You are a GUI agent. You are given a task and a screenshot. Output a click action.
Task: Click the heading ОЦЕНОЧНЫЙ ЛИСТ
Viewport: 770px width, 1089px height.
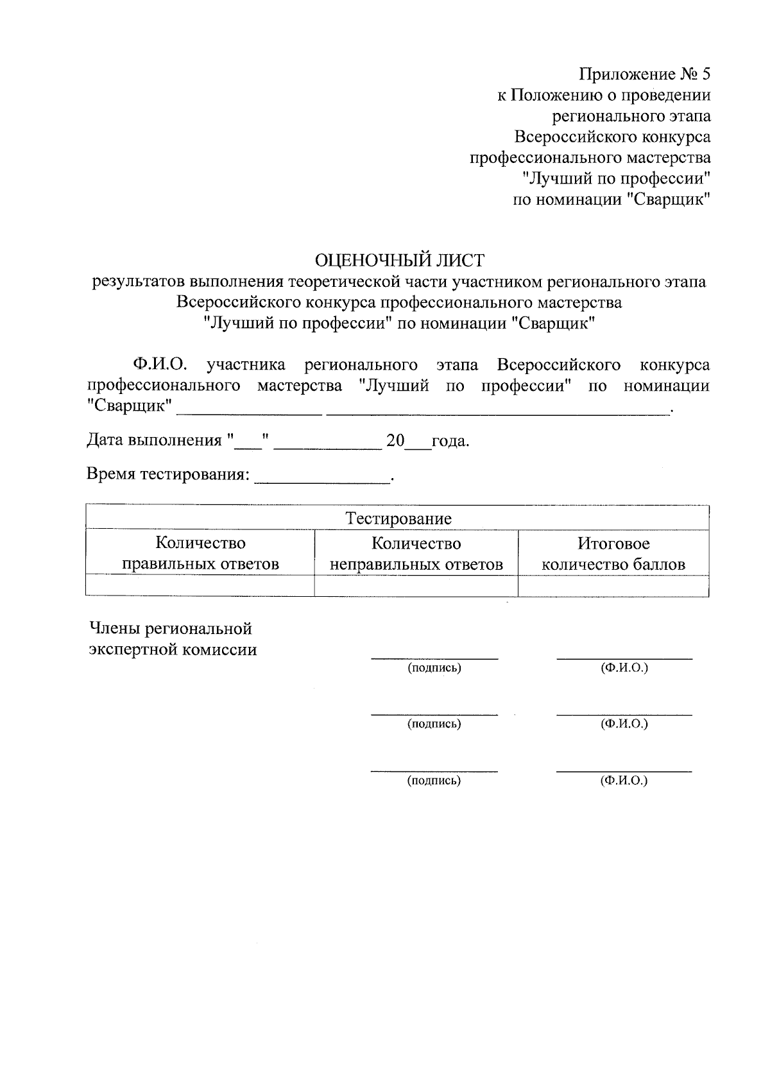pos(398,260)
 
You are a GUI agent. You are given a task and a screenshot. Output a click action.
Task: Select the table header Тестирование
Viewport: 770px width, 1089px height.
pos(398,519)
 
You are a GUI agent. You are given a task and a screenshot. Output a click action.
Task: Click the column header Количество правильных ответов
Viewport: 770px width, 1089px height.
pos(200,553)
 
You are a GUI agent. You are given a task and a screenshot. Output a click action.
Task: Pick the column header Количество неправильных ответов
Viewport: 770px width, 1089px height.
pos(416,553)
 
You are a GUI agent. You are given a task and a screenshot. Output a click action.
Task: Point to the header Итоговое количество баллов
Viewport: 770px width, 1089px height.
pos(613,553)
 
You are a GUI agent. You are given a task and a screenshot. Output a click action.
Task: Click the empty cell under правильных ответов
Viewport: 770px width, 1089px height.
pos(200,586)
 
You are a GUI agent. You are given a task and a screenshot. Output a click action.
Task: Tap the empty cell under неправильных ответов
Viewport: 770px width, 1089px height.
pos(416,586)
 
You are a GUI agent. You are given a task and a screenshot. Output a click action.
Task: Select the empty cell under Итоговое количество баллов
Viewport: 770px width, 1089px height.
pos(613,586)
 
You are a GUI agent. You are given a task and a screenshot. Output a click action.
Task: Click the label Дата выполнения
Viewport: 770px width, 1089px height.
pos(154,441)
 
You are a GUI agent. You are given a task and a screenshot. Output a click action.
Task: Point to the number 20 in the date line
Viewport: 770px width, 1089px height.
pos(395,441)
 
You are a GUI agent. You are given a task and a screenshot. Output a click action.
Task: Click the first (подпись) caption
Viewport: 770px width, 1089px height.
pos(434,668)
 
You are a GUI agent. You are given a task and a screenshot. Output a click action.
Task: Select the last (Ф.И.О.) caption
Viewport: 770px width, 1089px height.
pos(624,781)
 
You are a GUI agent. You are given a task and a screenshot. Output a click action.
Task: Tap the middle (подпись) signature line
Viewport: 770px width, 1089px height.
pos(434,714)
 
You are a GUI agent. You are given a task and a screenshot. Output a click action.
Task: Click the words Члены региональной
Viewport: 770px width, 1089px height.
pos(170,628)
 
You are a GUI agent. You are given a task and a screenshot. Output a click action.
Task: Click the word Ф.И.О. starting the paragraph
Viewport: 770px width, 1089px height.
pos(160,365)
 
